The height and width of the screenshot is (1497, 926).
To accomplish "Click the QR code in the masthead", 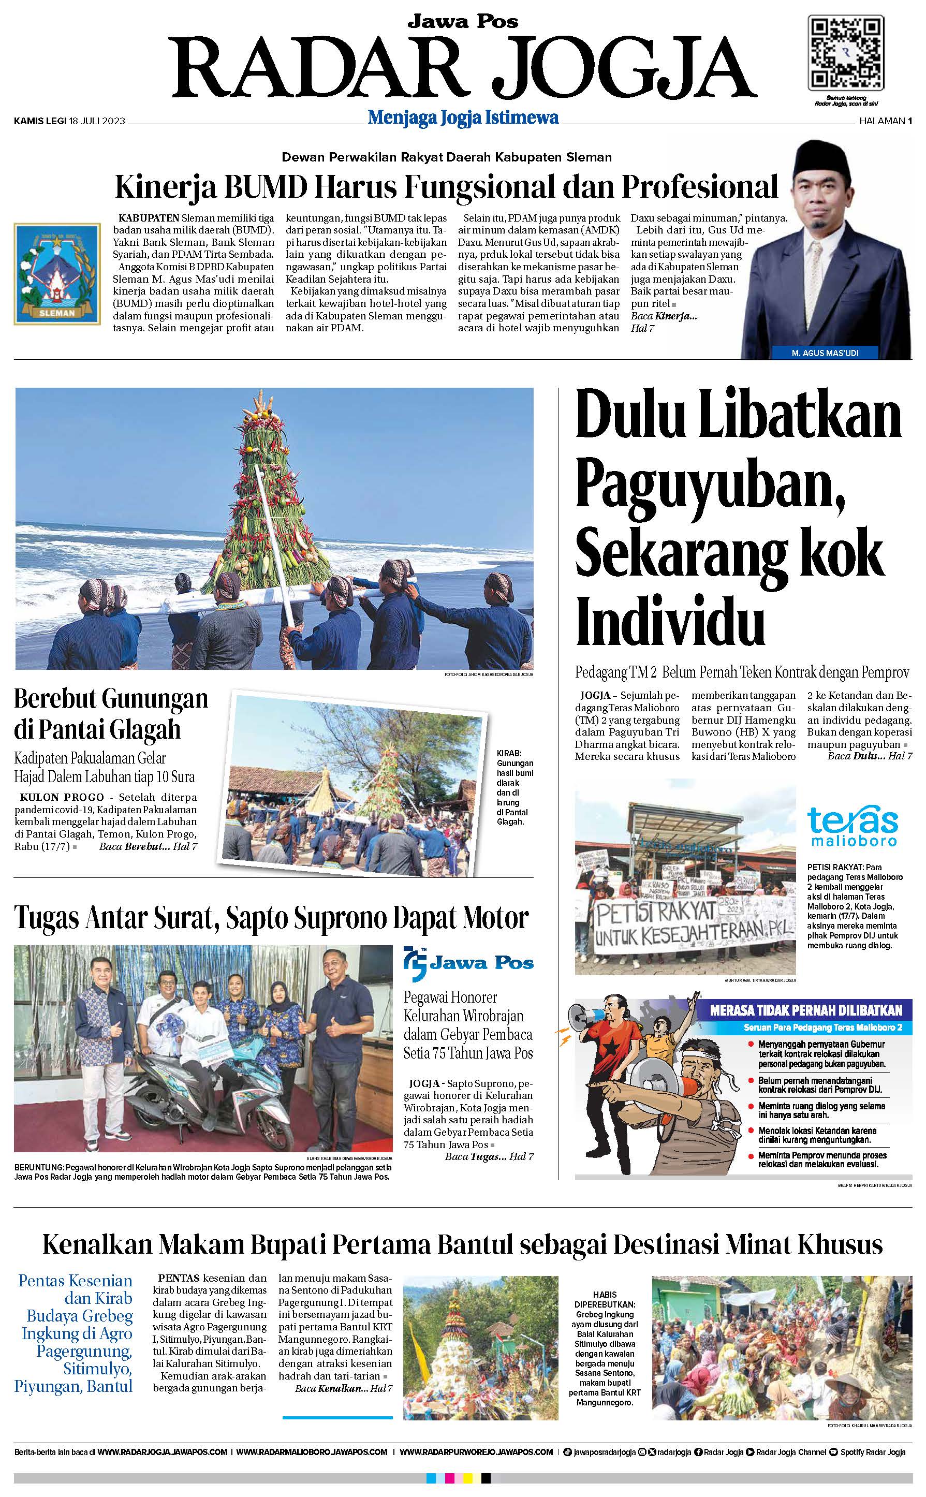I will [x=846, y=53].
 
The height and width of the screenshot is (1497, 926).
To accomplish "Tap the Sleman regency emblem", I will [x=57, y=273].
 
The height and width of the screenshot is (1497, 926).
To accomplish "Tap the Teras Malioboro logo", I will [x=852, y=826].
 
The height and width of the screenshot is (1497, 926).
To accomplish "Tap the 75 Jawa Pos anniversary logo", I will [x=468, y=964].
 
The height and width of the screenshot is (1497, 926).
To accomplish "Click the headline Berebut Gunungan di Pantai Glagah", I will [x=111, y=713].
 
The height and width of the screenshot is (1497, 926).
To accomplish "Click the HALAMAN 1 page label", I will [x=885, y=121].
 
